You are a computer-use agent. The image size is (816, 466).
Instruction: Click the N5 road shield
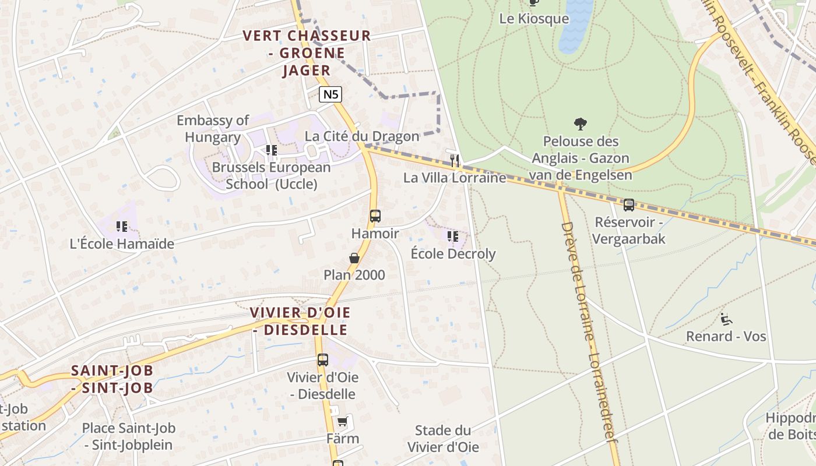(x=330, y=94)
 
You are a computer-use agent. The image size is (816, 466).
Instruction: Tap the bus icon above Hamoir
(x=375, y=216)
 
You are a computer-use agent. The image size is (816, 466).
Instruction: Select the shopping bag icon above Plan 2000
(x=354, y=257)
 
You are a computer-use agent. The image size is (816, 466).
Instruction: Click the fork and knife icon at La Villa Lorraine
(x=455, y=160)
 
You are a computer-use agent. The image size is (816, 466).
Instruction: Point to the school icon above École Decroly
(x=452, y=236)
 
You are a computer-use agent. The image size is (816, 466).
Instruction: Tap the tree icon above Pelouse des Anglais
(x=580, y=123)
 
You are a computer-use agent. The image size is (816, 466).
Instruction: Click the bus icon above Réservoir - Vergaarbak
(x=628, y=204)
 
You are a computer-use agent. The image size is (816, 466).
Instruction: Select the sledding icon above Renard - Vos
(x=726, y=319)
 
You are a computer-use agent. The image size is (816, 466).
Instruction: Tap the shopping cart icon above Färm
(x=342, y=421)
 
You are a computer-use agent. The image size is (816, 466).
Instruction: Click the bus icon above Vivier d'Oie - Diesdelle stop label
(x=323, y=359)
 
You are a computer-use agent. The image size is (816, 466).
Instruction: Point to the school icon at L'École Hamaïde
(x=121, y=226)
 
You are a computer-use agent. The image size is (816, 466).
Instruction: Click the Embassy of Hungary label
(x=213, y=129)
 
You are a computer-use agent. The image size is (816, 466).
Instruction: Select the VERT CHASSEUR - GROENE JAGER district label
(x=307, y=53)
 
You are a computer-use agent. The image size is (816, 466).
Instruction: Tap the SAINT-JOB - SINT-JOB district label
(x=112, y=379)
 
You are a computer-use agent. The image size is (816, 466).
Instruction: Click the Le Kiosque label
(x=534, y=19)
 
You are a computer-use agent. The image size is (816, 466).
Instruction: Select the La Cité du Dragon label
(x=362, y=136)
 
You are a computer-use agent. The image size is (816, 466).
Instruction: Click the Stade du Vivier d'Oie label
(x=443, y=439)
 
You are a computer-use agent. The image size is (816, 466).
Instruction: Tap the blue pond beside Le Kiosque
(x=575, y=23)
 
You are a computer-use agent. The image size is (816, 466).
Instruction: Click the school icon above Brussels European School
(x=271, y=150)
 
